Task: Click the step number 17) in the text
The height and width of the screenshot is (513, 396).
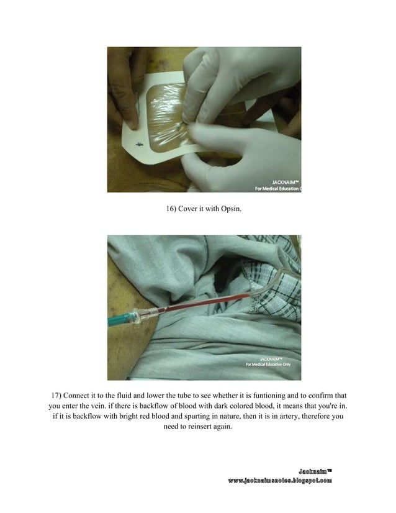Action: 58,395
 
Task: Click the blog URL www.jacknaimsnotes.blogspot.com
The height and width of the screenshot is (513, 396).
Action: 279,481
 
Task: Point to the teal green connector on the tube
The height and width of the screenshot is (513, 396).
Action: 118,321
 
